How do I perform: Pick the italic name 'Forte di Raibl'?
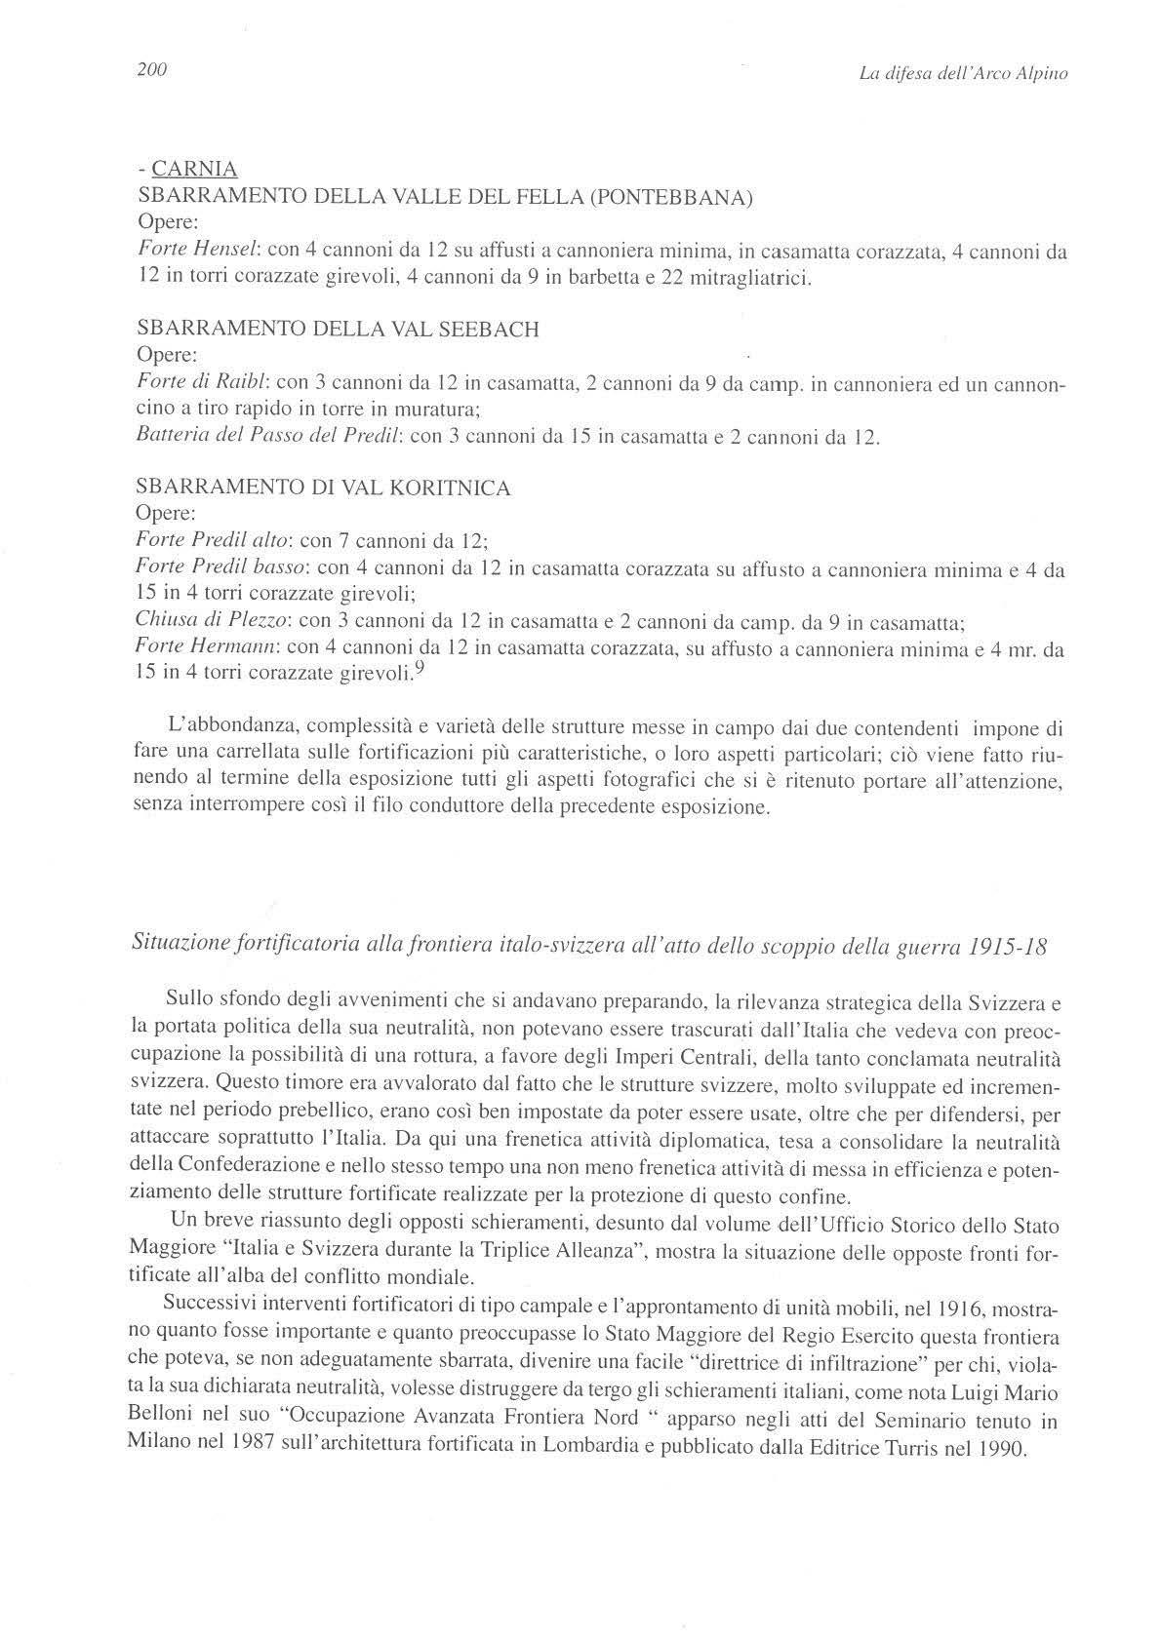(198, 384)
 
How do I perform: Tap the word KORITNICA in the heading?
(449, 488)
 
